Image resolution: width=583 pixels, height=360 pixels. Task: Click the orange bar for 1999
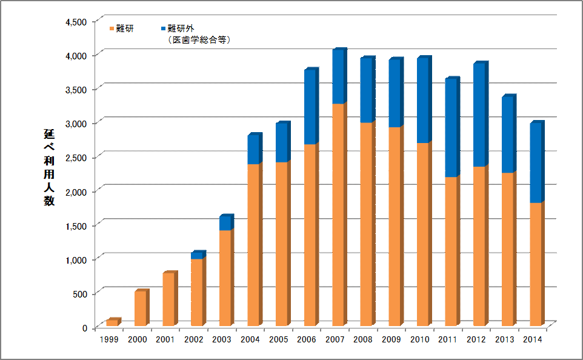[x=113, y=323]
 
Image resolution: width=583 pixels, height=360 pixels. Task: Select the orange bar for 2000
[x=140, y=309]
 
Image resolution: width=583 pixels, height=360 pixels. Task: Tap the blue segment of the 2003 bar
[x=225, y=223]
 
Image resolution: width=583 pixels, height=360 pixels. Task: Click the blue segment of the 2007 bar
[x=339, y=77]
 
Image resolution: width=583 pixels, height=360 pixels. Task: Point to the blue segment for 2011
[x=451, y=128]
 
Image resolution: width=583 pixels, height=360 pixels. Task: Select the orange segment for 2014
[x=536, y=264]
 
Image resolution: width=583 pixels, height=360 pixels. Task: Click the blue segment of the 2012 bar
[x=480, y=115]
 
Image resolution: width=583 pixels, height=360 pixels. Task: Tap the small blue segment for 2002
[x=198, y=256]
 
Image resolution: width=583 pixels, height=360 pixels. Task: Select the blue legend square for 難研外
[x=164, y=28]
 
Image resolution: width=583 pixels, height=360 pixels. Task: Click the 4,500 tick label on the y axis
[x=77, y=21]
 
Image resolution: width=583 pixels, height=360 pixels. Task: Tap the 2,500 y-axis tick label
[x=77, y=158]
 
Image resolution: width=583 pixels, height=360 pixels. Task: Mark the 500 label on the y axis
[x=81, y=293]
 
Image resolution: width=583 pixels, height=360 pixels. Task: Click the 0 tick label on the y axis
[x=85, y=328]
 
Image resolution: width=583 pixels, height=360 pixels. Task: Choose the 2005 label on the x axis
[x=278, y=339]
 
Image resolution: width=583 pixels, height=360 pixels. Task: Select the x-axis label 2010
[x=419, y=339]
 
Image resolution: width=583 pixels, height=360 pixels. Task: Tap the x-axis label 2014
[x=532, y=339]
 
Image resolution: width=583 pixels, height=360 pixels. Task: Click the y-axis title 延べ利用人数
[x=48, y=167]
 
